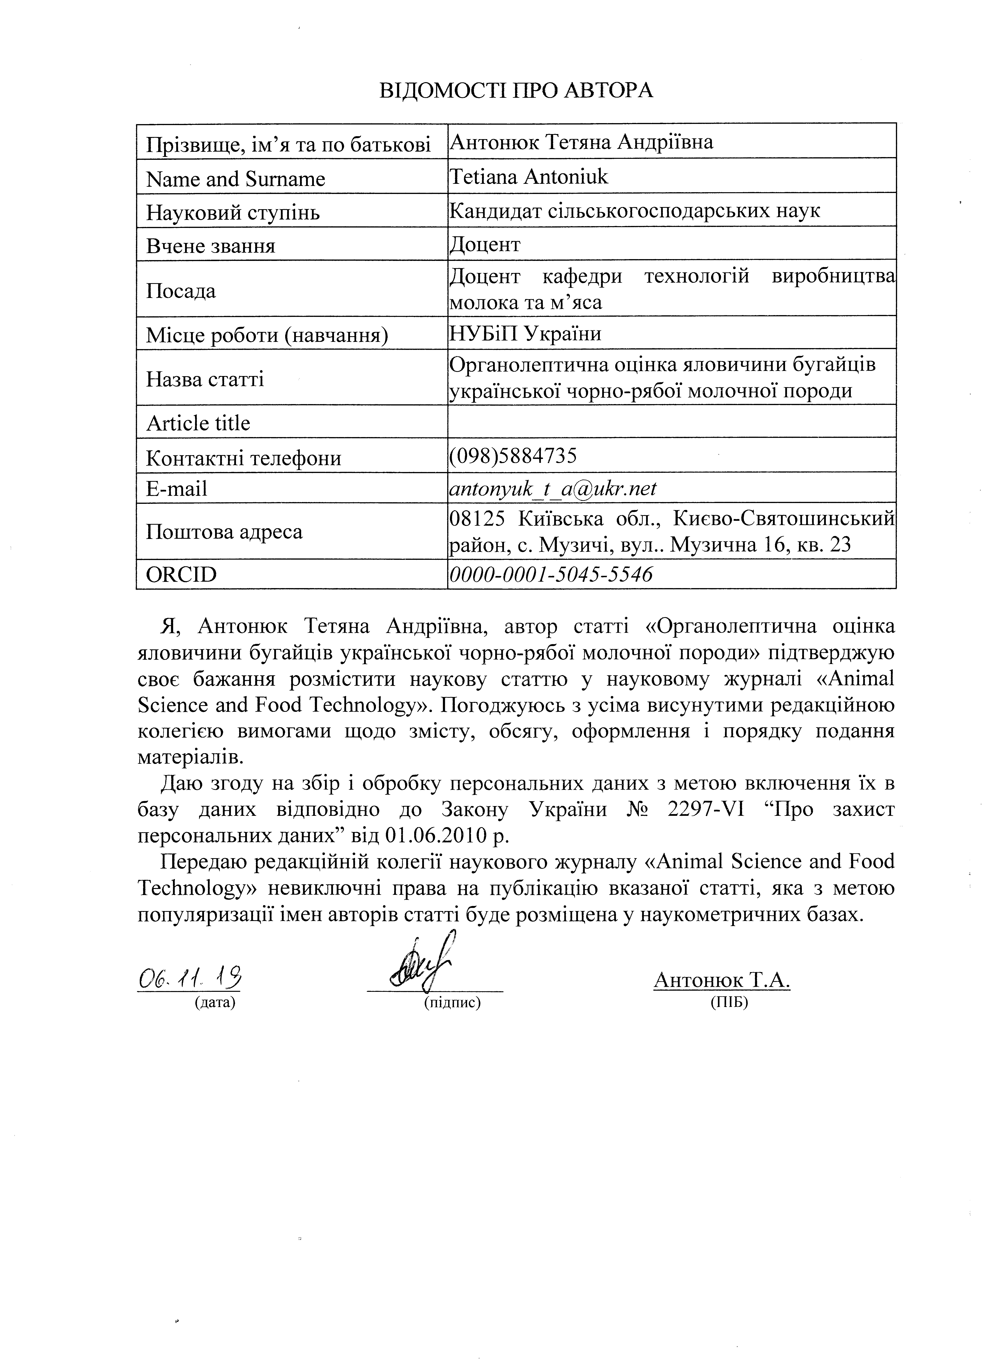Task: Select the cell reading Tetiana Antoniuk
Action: (x=529, y=176)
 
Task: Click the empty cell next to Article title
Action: (x=671, y=421)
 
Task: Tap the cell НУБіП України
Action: (x=525, y=333)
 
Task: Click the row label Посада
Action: (x=181, y=291)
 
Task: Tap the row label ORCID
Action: (x=181, y=574)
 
